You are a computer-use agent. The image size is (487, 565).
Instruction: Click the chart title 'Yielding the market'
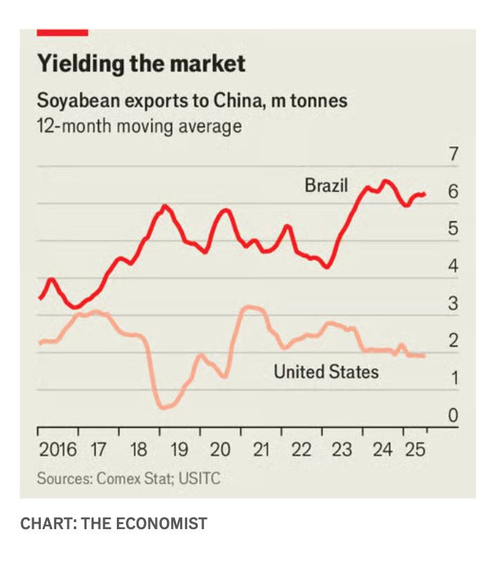pos(141,64)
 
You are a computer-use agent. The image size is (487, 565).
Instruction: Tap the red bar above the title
pos(62,32)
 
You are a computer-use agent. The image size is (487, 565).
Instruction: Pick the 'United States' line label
pos(326,371)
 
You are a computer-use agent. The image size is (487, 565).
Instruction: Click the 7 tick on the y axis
pos(453,155)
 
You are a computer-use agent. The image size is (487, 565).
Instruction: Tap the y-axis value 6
pos(453,192)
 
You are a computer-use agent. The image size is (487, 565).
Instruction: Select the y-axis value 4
pos(453,266)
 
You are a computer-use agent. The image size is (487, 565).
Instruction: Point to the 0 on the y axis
pos(453,415)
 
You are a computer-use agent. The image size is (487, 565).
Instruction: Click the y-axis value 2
pos(453,341)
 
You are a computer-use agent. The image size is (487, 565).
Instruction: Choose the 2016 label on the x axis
pos(58,450)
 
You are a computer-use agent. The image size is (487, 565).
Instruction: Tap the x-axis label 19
pos(179,450)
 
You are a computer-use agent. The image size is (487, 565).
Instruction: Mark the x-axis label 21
pos(261,450)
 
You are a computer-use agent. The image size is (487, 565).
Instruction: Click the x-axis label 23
pos(342,450)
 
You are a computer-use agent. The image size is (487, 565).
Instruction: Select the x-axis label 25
pos(415,450)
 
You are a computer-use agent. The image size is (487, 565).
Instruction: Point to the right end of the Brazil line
pos(424,194)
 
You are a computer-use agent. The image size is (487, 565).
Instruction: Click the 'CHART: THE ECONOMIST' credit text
pos(113,524)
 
